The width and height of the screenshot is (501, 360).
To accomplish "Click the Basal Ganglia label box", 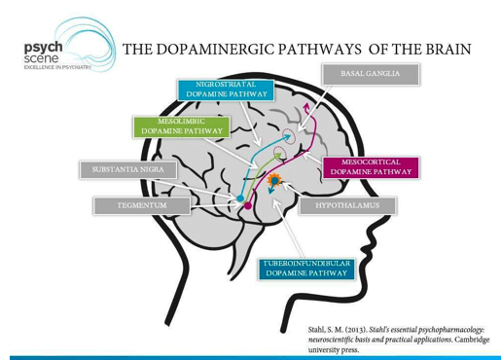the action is coord(371,74).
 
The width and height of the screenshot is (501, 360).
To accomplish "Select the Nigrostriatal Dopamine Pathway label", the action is coord(226,90).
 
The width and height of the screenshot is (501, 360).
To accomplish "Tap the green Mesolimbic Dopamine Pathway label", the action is coord(182,126).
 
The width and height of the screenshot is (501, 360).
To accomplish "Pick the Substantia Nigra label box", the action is coord(128,169).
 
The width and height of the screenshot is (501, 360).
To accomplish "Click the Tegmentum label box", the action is coord(142,205).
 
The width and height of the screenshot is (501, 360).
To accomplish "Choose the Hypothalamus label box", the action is coord(347,205).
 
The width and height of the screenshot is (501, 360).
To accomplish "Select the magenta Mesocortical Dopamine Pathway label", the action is coord(371,167).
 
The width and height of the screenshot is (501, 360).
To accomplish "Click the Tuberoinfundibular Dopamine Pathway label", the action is coord(306,269).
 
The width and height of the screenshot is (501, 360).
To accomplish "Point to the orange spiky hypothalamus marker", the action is coord(274,180).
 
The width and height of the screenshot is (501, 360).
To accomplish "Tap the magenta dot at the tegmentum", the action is coord(248,205).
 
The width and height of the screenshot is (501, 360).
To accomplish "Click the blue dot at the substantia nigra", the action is coord(240,198).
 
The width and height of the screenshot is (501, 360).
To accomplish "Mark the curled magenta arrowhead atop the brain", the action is coord(307,109).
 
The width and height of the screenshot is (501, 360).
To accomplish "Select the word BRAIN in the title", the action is coord(448,50).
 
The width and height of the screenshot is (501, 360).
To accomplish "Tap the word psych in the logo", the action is coord(43,48).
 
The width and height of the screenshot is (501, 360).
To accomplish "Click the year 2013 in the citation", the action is coord(356,330).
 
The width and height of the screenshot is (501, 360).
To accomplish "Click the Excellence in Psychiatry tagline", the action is coord(57,67).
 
